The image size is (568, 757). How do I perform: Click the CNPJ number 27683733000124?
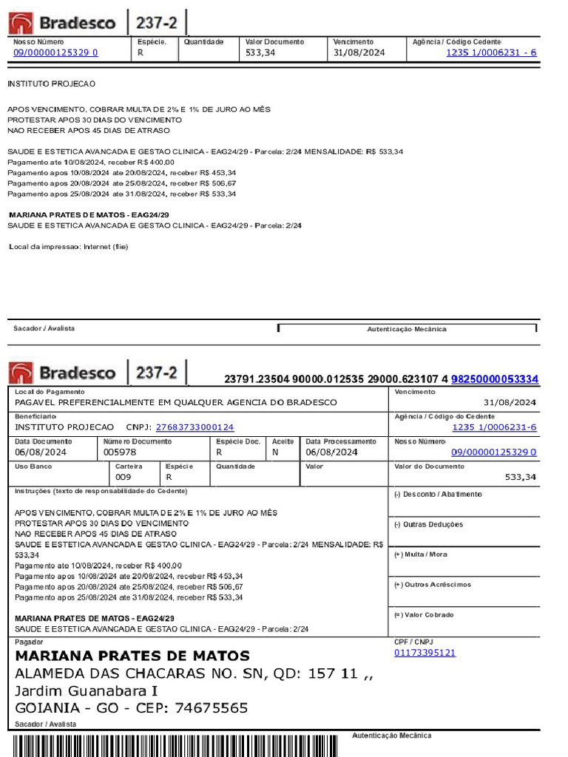pos(195,427)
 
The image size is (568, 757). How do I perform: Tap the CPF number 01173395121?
pos(425,653)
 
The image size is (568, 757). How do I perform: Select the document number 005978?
pos(120,452)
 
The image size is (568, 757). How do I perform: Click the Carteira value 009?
pos(124,478)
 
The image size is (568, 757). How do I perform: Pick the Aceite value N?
pos(275,452)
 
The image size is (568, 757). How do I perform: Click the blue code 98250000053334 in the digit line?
pos(494,379)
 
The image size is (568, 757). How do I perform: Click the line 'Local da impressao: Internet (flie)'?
pos(69,246)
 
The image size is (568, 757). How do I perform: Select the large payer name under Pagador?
pos(132,656)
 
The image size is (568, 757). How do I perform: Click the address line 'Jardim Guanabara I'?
pos(87,690)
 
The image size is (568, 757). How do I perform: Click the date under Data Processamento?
pos(331,452)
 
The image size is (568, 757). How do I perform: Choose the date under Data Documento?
pos(41,452)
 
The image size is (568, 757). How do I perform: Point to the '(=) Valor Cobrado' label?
pos(424,615)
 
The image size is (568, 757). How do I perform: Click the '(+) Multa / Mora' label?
pos(421,554)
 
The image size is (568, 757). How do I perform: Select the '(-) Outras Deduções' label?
pos(428,525)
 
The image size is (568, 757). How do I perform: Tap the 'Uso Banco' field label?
pos(33,466)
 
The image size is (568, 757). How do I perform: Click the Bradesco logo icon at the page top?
pos(20,24)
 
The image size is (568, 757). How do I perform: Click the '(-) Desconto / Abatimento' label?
pos(438,495)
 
